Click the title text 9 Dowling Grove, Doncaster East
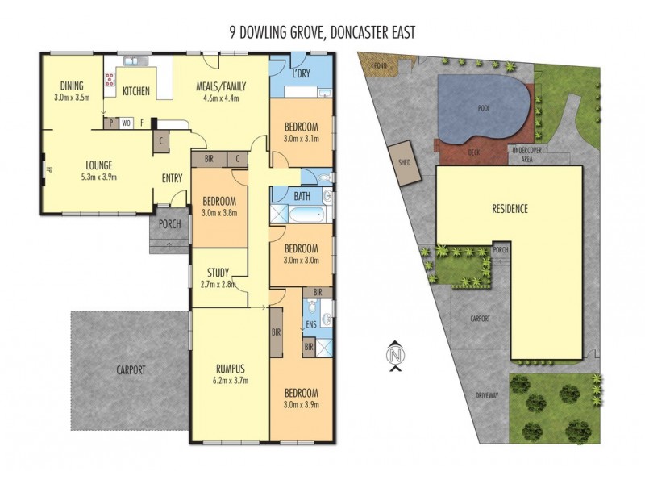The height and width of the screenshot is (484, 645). (322, 32)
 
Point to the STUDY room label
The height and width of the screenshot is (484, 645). (218, 272)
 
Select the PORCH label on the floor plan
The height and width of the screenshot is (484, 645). (169, 224)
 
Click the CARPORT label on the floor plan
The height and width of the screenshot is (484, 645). (129, 370)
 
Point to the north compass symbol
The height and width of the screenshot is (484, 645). (395, 356)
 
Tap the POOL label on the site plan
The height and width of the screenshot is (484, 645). (484, 107)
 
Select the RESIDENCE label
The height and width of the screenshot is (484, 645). (510, 209)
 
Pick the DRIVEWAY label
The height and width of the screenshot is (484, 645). (487, 395)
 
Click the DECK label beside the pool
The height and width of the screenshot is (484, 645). (474, 150)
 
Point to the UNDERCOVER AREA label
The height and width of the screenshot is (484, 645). (526, 154)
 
